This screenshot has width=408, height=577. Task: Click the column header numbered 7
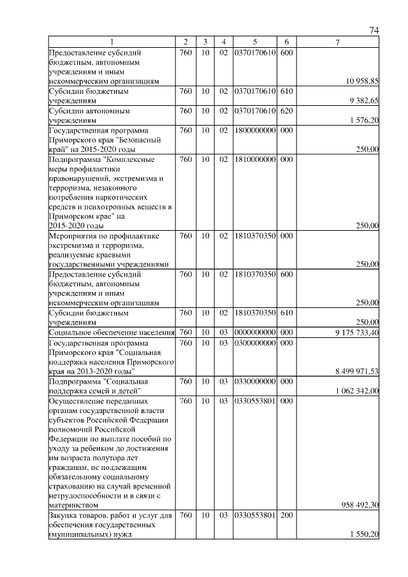coord(338,42)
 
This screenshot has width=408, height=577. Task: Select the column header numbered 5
coord(254,42)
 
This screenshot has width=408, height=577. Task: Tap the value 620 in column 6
coord(286,110)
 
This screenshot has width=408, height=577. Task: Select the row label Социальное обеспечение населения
coord(112,332)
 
